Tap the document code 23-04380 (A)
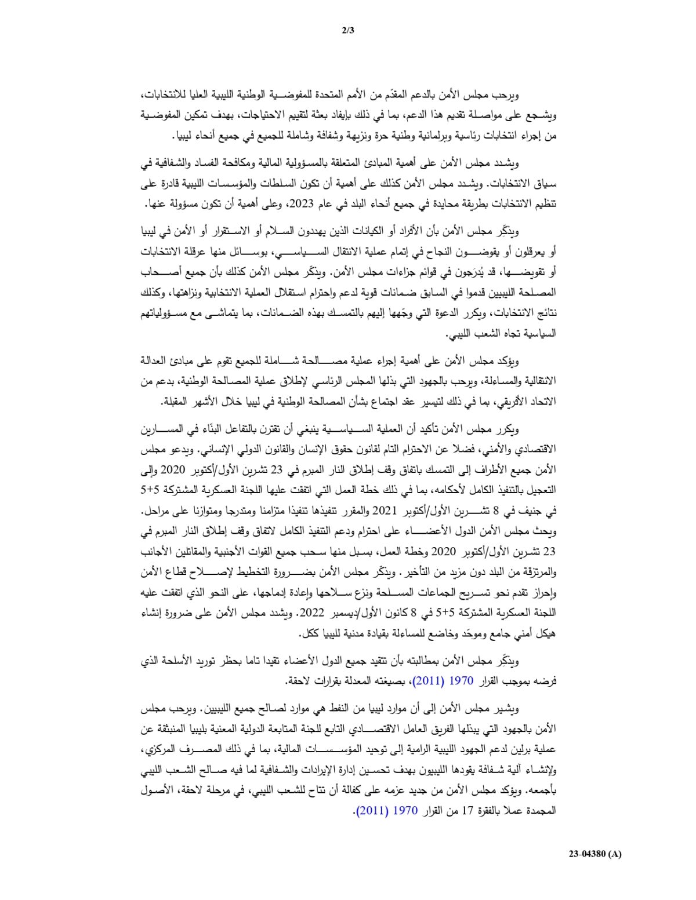pyautogui.click(x=594, y=854)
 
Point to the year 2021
pyautogui.click(x=383, y=511)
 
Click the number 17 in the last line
pyautogui.click(x=469, y=811)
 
